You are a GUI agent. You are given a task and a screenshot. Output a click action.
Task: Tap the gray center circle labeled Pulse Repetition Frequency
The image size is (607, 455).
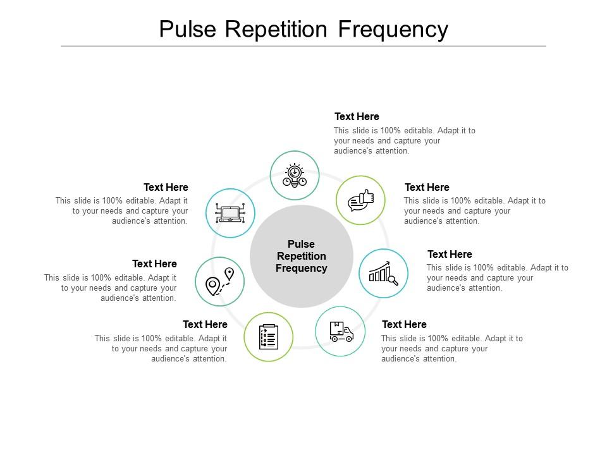coord(302,256)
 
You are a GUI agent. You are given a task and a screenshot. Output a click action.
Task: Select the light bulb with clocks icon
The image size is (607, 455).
coord(294,175)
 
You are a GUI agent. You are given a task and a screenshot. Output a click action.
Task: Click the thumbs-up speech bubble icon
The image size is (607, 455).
coord(360,200)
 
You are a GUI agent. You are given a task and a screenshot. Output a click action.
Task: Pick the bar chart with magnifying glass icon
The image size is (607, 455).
coord(383,273)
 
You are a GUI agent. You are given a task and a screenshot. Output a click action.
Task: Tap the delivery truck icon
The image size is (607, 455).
coord(340,332)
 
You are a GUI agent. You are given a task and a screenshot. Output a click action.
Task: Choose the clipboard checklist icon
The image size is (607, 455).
coord(269,337)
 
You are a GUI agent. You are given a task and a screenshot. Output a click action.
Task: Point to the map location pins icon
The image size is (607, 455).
coord(220,282)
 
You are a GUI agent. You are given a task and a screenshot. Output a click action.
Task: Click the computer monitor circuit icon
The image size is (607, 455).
coord(230,213)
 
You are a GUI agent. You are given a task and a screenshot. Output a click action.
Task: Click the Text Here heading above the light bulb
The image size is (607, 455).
coord(357,116)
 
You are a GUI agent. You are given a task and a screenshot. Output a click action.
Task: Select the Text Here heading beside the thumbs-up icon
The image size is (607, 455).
coord(427,187)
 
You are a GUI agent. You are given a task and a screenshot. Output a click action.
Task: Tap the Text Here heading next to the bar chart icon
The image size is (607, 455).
coord(450,254)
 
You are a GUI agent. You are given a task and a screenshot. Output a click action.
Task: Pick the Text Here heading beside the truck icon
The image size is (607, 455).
coord(404,324)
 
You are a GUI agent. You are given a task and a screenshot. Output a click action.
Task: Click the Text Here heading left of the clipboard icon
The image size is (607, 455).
coord(205,324)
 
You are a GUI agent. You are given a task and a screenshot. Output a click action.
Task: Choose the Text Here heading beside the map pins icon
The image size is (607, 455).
coord(154,264)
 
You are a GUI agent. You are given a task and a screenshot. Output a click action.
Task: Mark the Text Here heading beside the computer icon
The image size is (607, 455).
coord(166,187)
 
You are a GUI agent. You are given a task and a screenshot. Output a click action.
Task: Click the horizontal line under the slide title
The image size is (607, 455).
coord(303,46)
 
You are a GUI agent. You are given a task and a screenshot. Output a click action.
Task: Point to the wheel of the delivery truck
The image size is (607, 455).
coord(334,339)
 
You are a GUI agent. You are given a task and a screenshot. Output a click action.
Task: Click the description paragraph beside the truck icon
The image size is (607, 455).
coord(451,348)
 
